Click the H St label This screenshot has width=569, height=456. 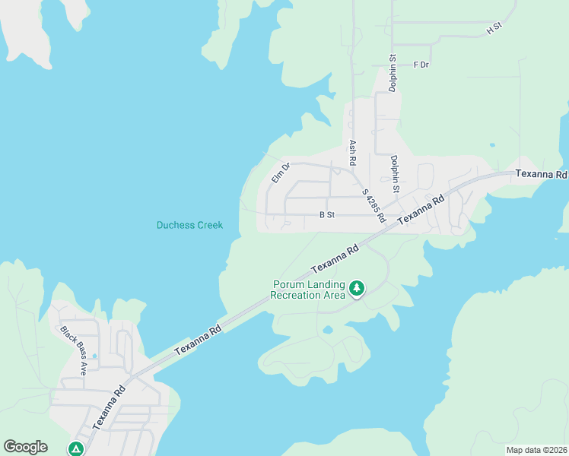tap(494, 28)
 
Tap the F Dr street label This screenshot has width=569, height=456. tap(421, 65)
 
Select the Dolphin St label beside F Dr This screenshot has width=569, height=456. tap(393, 73)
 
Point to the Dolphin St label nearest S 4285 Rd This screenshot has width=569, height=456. tap(394, 173)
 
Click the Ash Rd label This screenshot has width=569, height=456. tap(352, 153)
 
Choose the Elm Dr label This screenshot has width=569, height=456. tap(281, 173)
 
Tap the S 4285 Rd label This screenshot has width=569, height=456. tap(373, 205)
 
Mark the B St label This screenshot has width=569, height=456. tap(327, 215)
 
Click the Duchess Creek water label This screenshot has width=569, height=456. tap(189, 225)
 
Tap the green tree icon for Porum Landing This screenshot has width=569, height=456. tap(356, 288)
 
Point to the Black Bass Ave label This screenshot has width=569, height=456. tap(75, 351)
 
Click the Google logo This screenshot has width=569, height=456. tap(25, 447)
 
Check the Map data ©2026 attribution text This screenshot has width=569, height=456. tap(537, 450)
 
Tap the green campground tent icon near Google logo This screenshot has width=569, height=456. tap(75, 449)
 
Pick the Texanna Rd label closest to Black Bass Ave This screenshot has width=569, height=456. tap(109, 408)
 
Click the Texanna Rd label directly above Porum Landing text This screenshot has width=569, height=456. tap(335, 260)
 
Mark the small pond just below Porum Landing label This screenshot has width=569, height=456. tap(326, 330)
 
